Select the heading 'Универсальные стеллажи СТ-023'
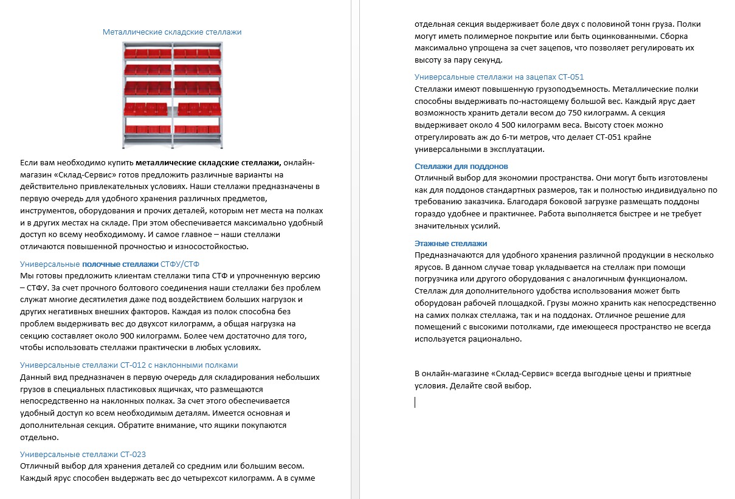(83, 454)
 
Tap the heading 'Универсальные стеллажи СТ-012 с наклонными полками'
(129, 365)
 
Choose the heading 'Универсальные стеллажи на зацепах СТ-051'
(499, 77)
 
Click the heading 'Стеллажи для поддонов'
(461, 166)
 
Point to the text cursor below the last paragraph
(415, 402)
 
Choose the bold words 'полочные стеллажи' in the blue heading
(120, 264)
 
